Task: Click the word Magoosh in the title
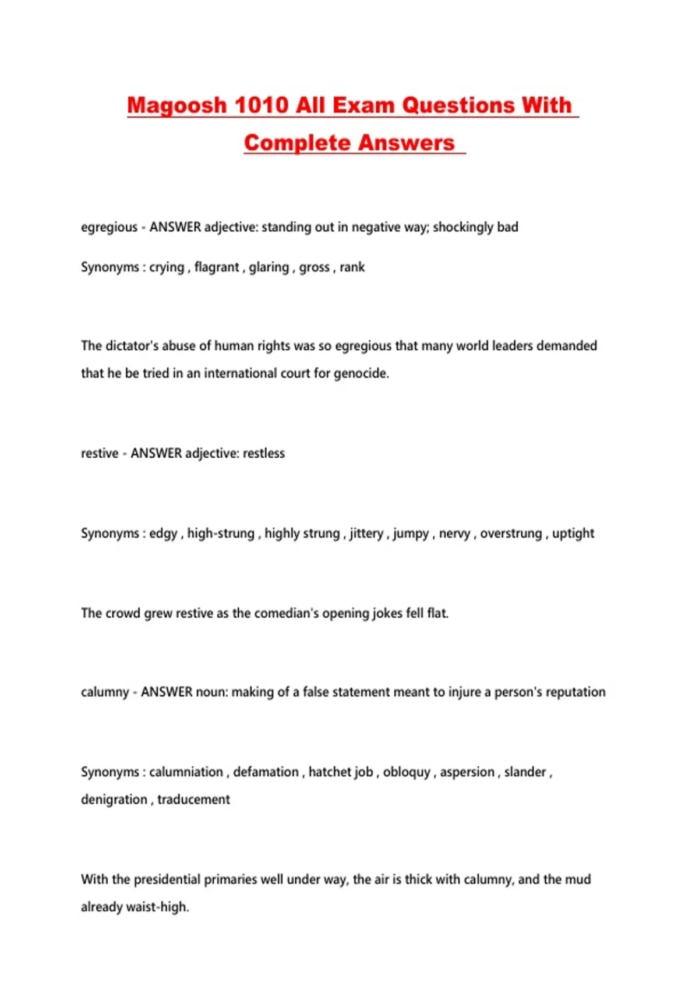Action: click(176, 106)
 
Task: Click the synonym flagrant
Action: click(217, 267)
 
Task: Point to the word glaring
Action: click(269, 267)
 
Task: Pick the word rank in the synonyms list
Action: click(352, 267)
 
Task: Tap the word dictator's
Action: click(132, 346)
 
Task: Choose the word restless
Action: click(264, 453)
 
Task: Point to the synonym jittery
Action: click(366, 533)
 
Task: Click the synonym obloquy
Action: click(407, 772)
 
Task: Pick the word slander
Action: click(525, 772)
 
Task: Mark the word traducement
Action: click(193, 800)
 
